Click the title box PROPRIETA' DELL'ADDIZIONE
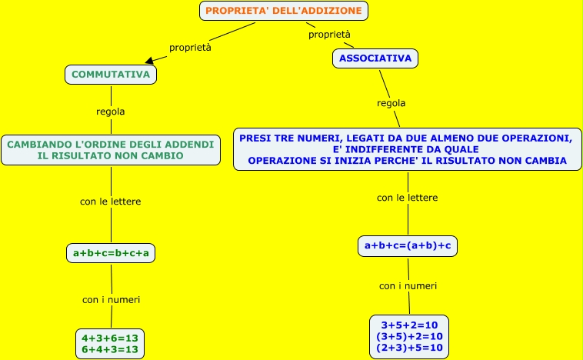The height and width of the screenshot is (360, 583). click(x=284, y=11)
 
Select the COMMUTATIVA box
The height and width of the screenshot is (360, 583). click(x=111, y=74)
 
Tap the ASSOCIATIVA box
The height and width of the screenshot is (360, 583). click(x=375, y=58)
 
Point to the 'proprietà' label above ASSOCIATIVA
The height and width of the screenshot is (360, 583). click(x=329, y=35)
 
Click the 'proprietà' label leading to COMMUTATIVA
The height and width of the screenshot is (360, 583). click(x=190, y=47)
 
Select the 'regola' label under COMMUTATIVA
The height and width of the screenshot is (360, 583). click(x=111, y=112)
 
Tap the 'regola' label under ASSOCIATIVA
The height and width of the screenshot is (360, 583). click(x=391, y=103)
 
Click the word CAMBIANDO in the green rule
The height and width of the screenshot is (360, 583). click(x=35, y=144)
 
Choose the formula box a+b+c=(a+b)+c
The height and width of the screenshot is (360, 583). click(x=408, y=245)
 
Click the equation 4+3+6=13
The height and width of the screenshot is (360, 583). click(x=110, y=337)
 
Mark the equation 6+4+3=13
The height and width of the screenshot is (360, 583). click(x=110, y=349)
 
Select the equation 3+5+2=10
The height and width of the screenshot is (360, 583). click(x=409, y=325)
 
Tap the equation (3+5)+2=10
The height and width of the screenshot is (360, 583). click(x=409, y=336)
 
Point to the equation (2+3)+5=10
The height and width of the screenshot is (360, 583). click(x=409, y=348)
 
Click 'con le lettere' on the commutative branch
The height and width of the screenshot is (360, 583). click(x=111, y=202)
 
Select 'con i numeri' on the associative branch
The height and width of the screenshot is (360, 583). click(x=408, y=285)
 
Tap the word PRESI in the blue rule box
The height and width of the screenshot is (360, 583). click(x=256, y=138)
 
